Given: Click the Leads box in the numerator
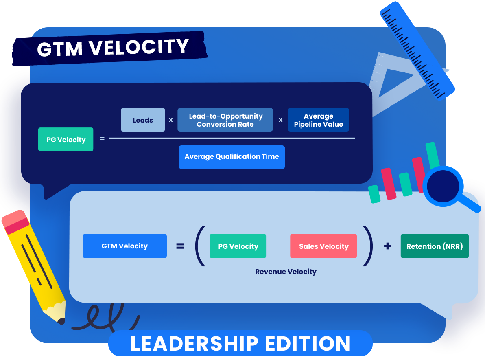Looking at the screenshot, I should [x=143, y=120].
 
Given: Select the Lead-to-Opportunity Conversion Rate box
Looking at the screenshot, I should [x=225, y=120].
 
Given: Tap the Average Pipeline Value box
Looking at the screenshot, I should [x=318, y=120].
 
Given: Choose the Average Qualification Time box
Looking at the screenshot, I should [x=232, y=157].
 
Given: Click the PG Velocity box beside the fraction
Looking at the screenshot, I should [x=66, y=140].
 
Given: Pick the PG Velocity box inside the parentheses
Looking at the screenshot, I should [x=238, y=246].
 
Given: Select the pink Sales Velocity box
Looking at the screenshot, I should [x=323, y=246].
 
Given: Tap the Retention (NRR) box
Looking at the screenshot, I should [x=435, y=246].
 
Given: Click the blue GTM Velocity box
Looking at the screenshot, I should [x=125, y=246].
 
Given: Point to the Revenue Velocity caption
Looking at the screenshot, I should [x=286, y=272].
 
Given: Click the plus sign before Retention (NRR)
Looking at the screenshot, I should [x=387, y=246].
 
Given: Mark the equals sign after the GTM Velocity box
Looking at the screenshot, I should [x=180, y=246].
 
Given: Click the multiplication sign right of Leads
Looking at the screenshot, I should [x=171, y=120].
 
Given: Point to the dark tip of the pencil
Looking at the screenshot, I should [x=61, y=321].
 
